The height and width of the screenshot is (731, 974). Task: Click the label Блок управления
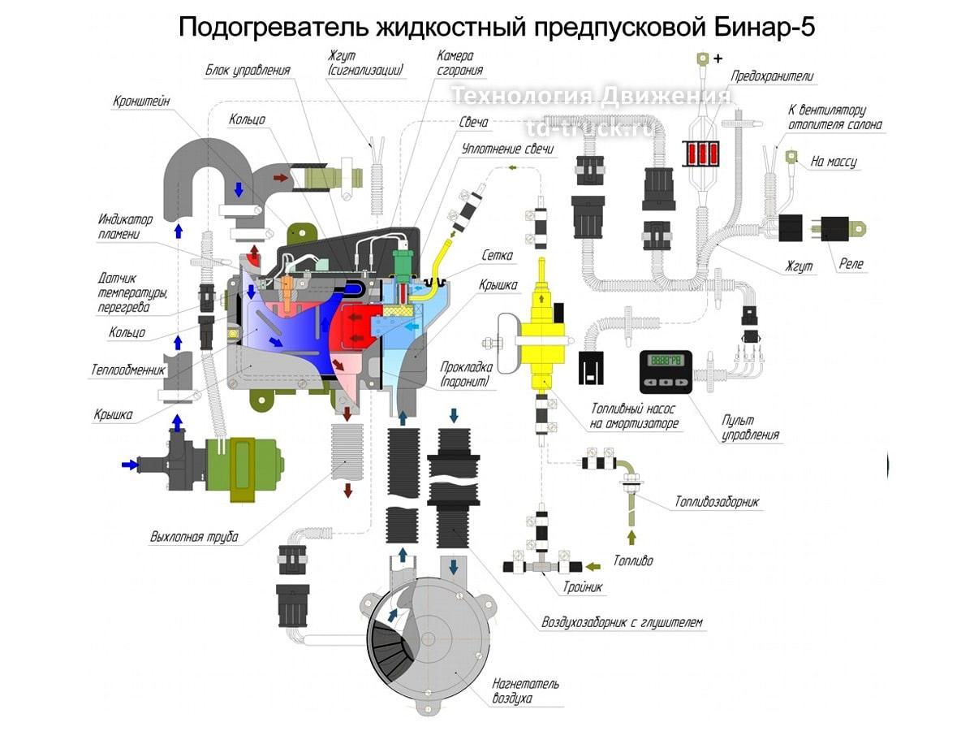click(x=248, y=71)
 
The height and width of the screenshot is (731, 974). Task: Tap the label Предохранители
click(x=772, y=76)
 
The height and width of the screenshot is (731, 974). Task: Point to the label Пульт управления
click(x=751, y=427)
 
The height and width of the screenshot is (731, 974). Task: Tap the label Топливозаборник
click(x=717, y=502)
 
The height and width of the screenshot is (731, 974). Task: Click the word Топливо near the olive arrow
click(x=633, y=560)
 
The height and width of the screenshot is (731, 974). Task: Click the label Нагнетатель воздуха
click(x=524, y=690)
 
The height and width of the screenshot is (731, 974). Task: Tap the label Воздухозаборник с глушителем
click(x=622, y=623)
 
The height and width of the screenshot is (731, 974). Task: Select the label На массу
click(x=834, y=162)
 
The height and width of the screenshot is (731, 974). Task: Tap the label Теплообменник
click(x=127, y=370)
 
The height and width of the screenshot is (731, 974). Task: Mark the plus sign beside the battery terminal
click(x=717, y=58)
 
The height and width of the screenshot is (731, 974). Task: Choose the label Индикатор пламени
click(x=125, y=227)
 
